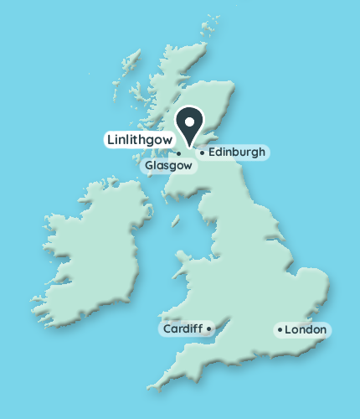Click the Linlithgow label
click(x=139, y=138)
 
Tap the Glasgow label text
click(x=169, y=166)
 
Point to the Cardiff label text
click(x=183, y=328)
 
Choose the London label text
click(x=305, y=330)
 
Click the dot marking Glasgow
click(x=178, y=153)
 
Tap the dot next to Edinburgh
click(x=201, y=153)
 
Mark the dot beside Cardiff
click(x=208, y=328)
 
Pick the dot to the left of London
click(x=280, y=330)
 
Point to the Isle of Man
click(x=176, y=221)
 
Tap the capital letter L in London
click(x=288, y=330)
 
